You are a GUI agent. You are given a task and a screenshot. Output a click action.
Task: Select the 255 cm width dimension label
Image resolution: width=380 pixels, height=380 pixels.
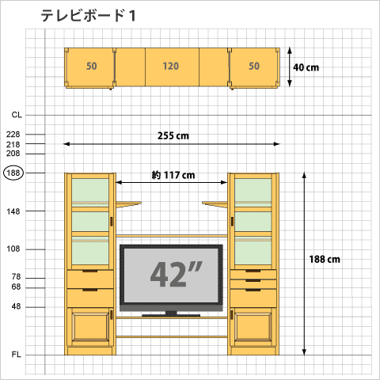pos(173,135)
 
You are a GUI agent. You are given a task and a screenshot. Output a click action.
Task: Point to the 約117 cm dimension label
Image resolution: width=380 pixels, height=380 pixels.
pos(173,175)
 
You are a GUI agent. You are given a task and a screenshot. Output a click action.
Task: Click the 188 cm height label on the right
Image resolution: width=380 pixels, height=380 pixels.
pos(325,259)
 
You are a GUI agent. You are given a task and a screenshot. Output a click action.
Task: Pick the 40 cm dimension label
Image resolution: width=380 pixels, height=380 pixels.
pos(306,67)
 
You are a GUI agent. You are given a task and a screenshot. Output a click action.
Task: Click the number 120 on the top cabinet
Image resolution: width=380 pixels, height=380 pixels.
pos(171,66)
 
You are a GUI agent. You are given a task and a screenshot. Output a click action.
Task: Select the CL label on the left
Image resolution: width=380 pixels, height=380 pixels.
pos(17,115)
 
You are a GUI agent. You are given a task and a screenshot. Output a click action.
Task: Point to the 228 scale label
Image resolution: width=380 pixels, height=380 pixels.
pos(13,135)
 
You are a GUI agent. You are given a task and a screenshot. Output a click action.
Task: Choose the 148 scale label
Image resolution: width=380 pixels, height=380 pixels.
pos(13,211)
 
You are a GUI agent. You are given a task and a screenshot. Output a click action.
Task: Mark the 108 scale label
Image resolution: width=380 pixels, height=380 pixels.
pos(13,249)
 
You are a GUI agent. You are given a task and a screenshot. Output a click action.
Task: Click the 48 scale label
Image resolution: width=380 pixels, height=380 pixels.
pos(17,306)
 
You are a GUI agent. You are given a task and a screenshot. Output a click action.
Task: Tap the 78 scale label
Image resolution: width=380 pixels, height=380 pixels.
pos(17,277)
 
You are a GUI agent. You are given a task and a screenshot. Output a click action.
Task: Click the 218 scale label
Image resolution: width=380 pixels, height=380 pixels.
pos(13,145)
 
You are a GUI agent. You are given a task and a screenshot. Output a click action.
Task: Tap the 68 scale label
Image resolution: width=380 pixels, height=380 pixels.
pos(17,287)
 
